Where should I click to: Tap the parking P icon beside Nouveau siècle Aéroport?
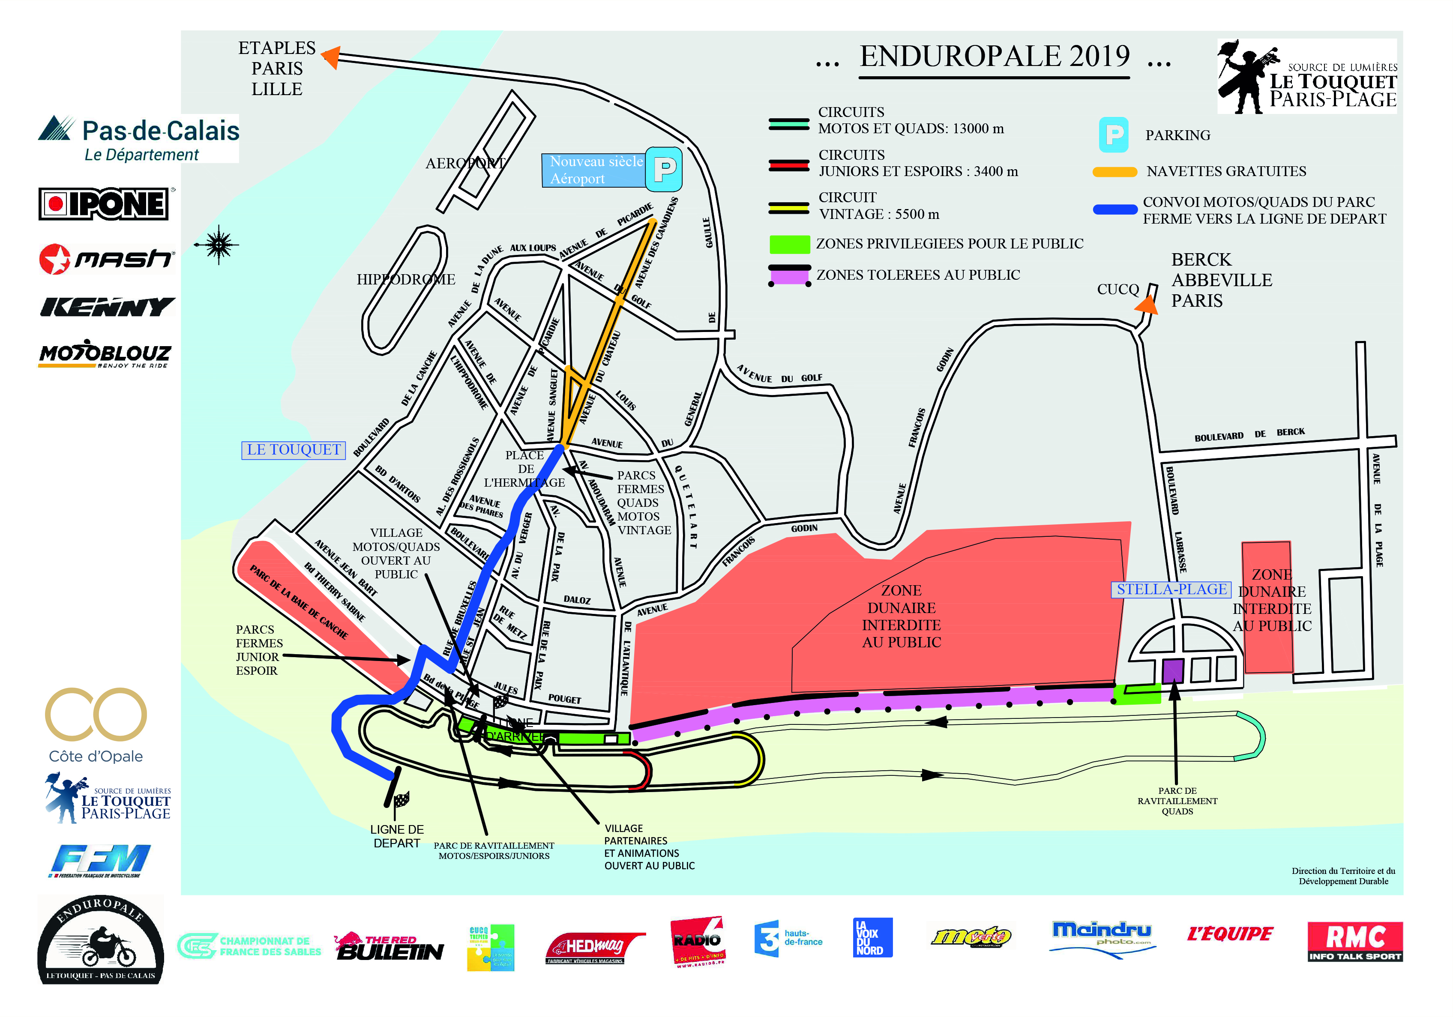663,169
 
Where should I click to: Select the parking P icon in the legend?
1113,135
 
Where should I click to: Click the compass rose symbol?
219,244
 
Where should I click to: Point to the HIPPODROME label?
406,279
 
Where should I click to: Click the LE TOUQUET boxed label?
294,450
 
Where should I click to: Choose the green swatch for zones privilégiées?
789,244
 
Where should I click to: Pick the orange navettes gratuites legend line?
1114,171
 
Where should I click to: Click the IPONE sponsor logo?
104,204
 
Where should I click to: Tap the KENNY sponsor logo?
107,307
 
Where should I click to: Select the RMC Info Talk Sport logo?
1354,941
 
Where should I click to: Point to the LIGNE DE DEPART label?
397,836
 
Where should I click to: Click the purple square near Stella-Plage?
1172,670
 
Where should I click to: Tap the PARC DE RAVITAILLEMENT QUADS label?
1177,801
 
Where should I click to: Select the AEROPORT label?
465,163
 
